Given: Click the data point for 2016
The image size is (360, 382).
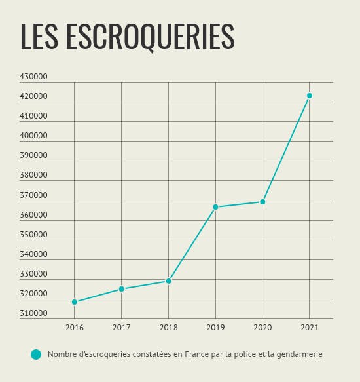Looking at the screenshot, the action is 75,302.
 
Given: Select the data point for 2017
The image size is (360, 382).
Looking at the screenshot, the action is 122,289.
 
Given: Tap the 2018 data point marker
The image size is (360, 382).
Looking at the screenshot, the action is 168,281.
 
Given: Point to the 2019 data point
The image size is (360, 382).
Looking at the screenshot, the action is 215,207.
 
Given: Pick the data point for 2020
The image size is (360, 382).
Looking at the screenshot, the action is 262,202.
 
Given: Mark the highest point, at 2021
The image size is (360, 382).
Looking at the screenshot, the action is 310,96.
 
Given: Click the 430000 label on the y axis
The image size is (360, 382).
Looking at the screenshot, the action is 33,77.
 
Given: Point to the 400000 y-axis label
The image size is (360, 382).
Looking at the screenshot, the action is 33,136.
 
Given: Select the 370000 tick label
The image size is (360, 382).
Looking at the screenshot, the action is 33,195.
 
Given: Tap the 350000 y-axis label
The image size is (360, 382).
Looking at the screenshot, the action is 33,235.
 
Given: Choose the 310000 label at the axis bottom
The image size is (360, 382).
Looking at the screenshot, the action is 33,313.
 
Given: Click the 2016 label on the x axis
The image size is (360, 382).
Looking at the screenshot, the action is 75,328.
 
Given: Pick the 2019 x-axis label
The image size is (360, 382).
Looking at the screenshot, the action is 215,328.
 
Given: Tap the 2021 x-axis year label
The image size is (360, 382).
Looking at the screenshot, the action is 310,328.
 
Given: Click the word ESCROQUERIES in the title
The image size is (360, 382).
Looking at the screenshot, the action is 150,37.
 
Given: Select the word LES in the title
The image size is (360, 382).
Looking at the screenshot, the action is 39,37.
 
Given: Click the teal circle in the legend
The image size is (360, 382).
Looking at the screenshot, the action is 36,354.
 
